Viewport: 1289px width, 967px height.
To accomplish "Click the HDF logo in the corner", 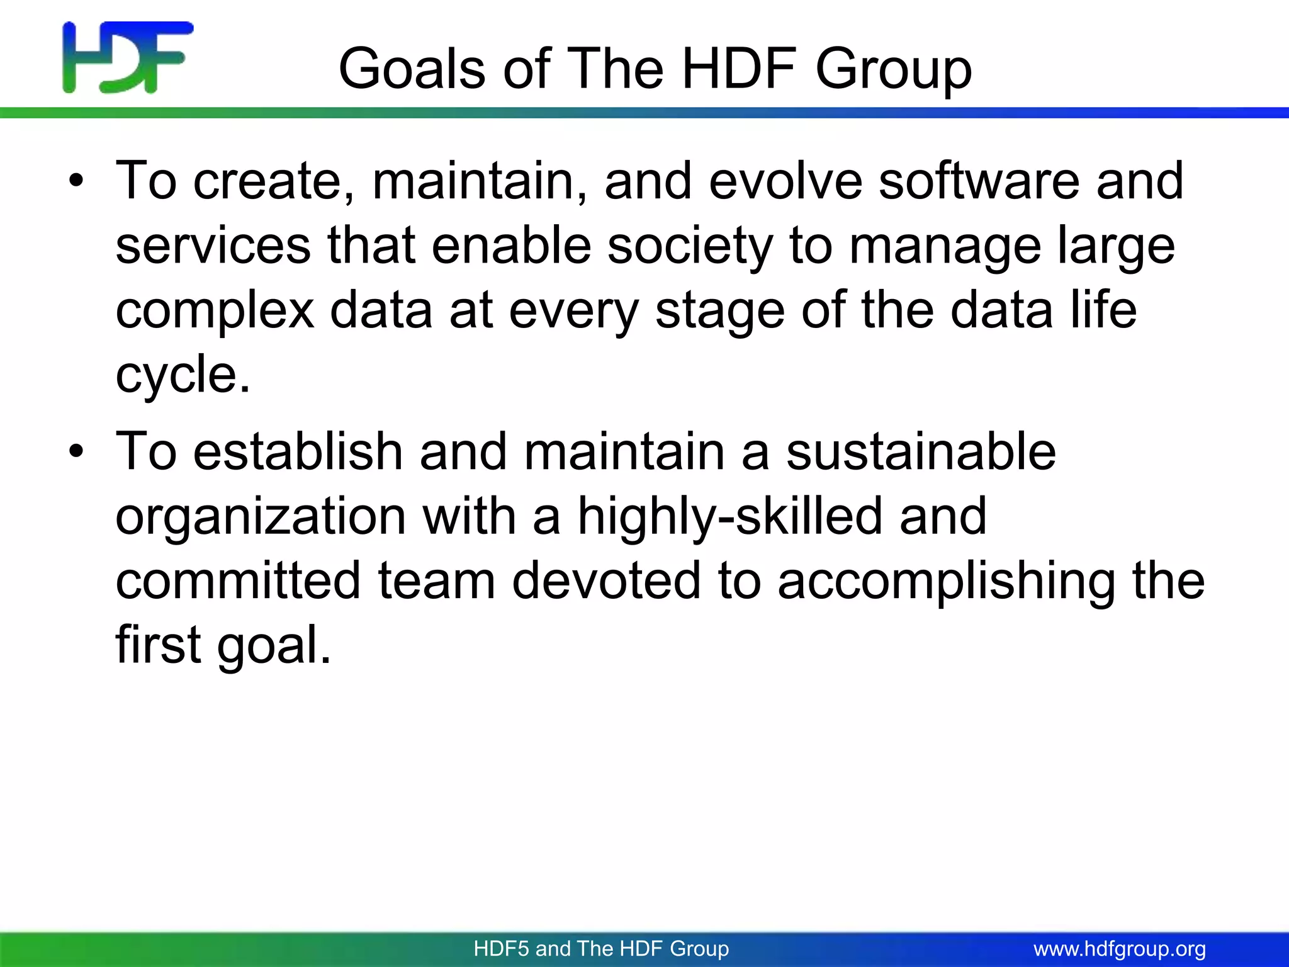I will coord(128,57).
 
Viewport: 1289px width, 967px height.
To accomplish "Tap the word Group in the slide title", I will coord(893,71).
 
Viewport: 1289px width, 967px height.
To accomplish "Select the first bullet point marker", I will coord(76,183).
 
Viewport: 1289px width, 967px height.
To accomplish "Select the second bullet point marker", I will coord(76,453).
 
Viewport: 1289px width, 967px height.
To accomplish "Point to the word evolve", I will coord(785,181).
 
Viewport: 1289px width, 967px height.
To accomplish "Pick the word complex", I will coord(215,312).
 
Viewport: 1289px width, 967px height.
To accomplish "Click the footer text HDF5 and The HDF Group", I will coord(601,948).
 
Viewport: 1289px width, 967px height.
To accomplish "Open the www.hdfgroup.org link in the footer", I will coord(1120,949).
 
